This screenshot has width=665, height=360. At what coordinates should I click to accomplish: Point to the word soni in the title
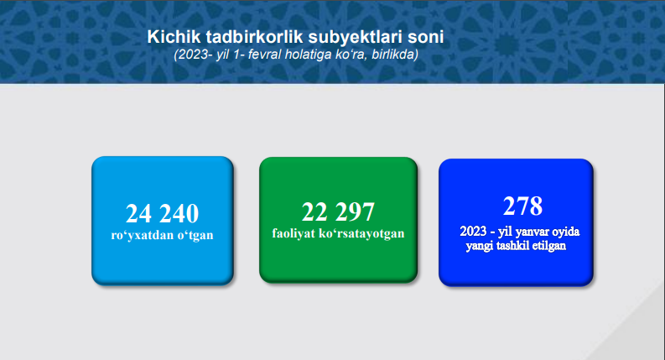click(x=426, y=37)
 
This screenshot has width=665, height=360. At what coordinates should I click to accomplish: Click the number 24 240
click(x=162, y=213)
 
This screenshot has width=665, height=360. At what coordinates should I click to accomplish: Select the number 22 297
click(x=338, y=211)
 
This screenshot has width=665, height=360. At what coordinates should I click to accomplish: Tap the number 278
click(x=522, y=206)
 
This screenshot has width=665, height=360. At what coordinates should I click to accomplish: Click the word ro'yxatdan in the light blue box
click(x=142, y=235)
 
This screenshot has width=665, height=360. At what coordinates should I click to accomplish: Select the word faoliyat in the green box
click(x=293, y=233)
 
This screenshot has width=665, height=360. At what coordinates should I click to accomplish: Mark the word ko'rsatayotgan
click(x=361, y=233)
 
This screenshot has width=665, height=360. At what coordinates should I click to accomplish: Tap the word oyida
click(x=566, y=232)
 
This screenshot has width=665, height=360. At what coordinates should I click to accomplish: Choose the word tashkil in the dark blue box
click(x=512, y=245)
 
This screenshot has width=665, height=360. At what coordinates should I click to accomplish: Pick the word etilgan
click(x=548, y=246)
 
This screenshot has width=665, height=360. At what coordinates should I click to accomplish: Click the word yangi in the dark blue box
click(x=480, y=246)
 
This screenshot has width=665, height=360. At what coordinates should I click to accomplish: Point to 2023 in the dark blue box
click(x=473, y=232)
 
